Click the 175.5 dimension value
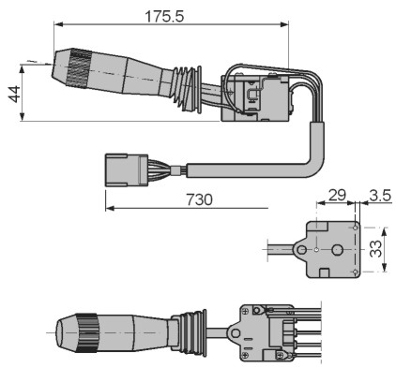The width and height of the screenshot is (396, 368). (x=164, y=16)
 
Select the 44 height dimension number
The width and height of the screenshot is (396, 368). (x=14, y=94)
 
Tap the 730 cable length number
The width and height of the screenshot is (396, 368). (x=199, y=199)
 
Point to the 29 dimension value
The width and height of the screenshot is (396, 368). (x=337, y=195)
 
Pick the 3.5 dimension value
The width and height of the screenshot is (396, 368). (x=380, y=196)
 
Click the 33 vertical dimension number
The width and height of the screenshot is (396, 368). (x=375, y=249)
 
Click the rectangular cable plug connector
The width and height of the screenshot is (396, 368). (x=127, y=170)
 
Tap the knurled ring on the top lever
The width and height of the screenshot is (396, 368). (x=80, y=68)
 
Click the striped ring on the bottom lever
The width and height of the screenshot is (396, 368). (x=86, y=333)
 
